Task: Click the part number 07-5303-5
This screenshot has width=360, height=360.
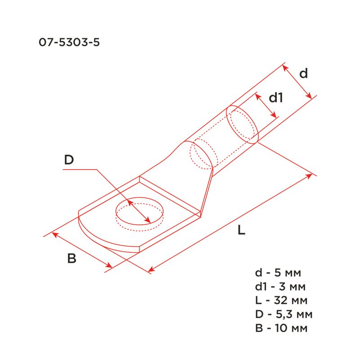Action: tap(69, 42)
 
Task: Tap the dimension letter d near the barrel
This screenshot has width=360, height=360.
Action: tap(303, 73)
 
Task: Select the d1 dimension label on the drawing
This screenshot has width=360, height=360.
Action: tap(276, 98)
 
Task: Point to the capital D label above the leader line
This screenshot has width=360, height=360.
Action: tap(69, 160)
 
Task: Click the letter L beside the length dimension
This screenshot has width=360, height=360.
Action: tap(241, 230)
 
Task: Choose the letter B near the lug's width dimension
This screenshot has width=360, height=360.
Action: tap(72, 258)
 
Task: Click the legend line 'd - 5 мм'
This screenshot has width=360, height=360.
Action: tap(278, 273)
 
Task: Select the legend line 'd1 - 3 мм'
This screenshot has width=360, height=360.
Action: tap(280, 287)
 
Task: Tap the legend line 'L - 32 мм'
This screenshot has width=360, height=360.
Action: tap(281, 300)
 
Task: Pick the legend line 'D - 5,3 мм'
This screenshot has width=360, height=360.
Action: tap(284, 314)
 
